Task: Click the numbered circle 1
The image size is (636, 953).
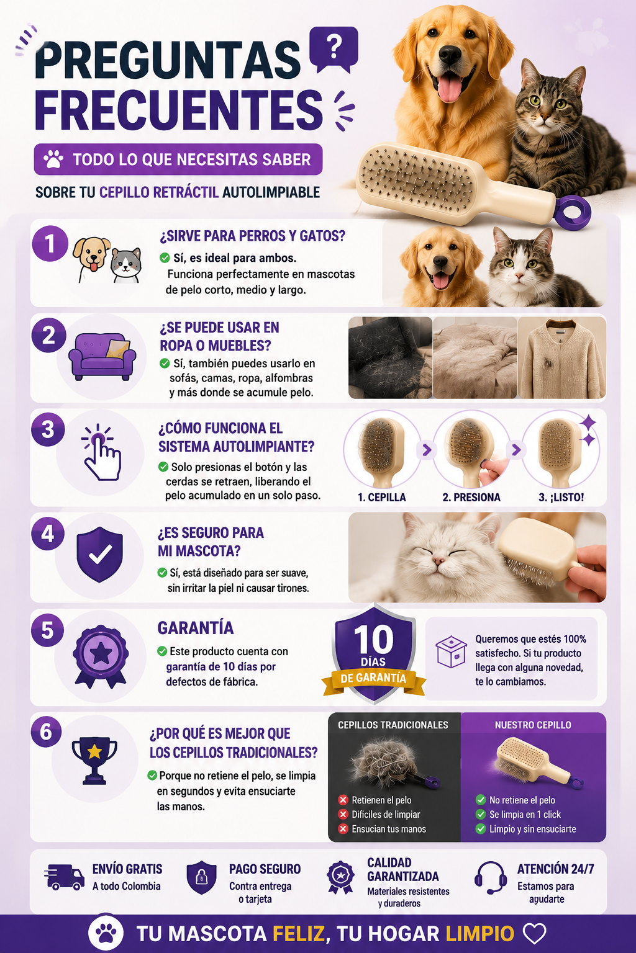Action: click(50, 244)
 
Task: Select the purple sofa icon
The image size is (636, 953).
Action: click(102, 357)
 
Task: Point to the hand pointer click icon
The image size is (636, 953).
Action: click(101, 452)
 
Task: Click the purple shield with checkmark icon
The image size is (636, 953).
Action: click(99, 554)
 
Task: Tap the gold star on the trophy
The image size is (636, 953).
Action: click(94, 752)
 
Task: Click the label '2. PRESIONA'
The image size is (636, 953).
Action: click(471, 498)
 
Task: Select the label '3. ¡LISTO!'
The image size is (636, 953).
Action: click(561, 498)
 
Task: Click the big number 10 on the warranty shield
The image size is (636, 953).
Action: click(374, 640)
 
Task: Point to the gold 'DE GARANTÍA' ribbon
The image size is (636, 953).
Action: click(374, 678)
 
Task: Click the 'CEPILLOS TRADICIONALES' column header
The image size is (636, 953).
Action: click(393, 725)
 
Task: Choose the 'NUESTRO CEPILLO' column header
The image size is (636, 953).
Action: click(533, 725)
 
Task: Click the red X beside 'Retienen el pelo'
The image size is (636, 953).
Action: click(343, 800)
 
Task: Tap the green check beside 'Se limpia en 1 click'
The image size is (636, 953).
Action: click(481, 814)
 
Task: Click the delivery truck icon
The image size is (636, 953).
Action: click(64, 877)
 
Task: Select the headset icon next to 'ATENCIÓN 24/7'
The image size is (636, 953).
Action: click(490, 878)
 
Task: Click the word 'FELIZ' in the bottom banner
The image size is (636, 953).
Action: click(298, 934)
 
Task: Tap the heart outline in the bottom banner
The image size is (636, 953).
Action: click(534, 933)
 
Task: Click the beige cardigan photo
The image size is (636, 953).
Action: click(562, 358)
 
